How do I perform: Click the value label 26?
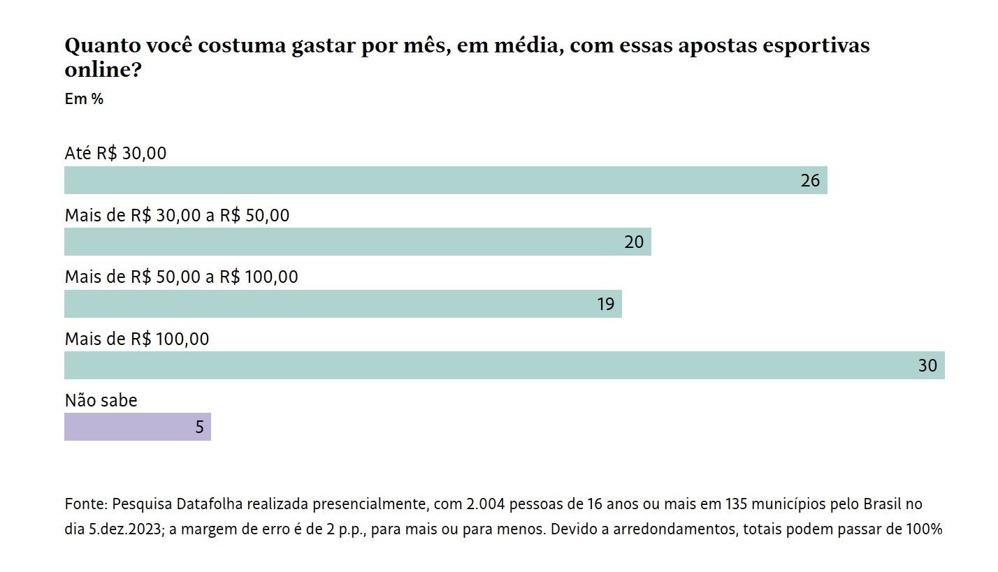click(x=810, y=181)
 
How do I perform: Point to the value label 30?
click(x=927, y=365)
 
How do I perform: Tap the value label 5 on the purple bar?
click(x=199, y=427)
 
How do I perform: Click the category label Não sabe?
click(x=101, y=401)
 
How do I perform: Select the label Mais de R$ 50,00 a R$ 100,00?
click(x=181, y=277)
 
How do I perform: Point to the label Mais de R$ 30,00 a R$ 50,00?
click(x=177, y=216)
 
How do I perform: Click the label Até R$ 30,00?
click(x=115, y=154)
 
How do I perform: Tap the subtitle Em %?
click(x=84, y=99)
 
